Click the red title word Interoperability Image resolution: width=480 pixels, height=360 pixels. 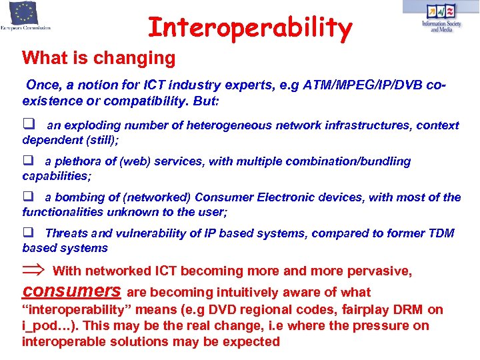click(249, 29)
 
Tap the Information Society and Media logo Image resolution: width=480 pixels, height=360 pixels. click(440, 17)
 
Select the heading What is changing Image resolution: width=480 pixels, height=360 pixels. click(99, 58)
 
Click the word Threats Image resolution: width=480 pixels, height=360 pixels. click(66, 233)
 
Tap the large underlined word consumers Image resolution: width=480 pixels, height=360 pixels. click(71, 291)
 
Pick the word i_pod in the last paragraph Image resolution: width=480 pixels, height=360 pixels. click(37, 326)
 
